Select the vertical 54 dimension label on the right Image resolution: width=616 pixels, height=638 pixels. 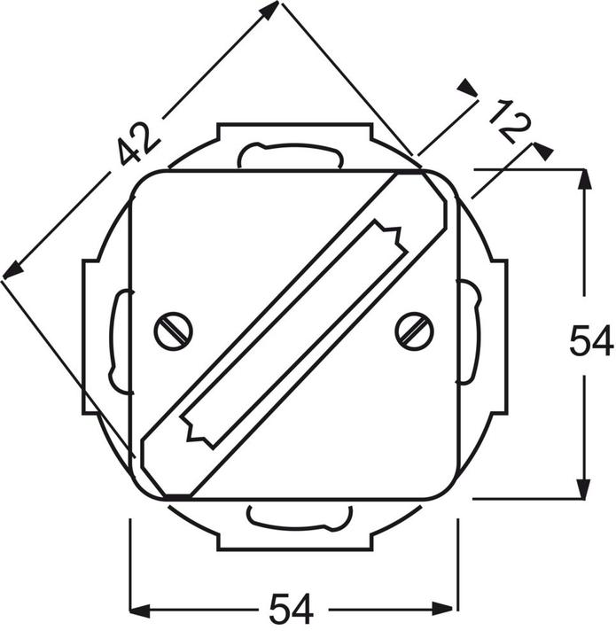click(x=591, y=341)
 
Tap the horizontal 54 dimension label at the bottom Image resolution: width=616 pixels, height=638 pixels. click(x=292, y=610)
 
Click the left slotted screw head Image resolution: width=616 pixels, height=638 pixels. click(x=172, y=331)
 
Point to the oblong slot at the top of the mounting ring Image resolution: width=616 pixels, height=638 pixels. click(x=291, y=156)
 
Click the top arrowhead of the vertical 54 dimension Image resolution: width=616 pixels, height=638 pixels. click(x=583, y=178)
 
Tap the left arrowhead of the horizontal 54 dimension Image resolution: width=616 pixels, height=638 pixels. click(x=140, y=610)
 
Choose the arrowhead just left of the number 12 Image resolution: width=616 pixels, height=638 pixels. click(x=467, y=87)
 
